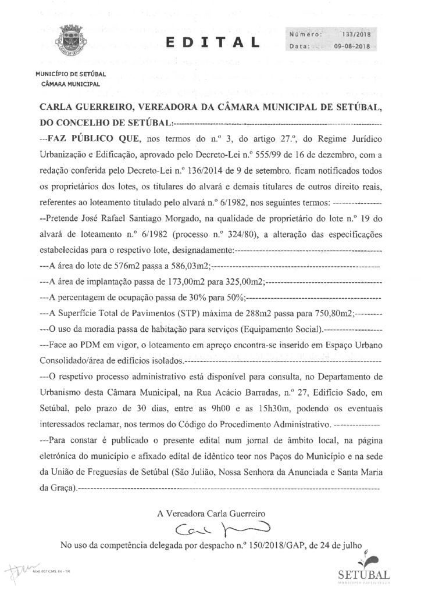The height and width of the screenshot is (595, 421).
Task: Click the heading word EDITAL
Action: click(x=211, y=42)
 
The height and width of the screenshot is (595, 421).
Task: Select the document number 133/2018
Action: click(x=351, y=35)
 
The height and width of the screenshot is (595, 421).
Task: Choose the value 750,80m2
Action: click(x=329, y=313)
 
